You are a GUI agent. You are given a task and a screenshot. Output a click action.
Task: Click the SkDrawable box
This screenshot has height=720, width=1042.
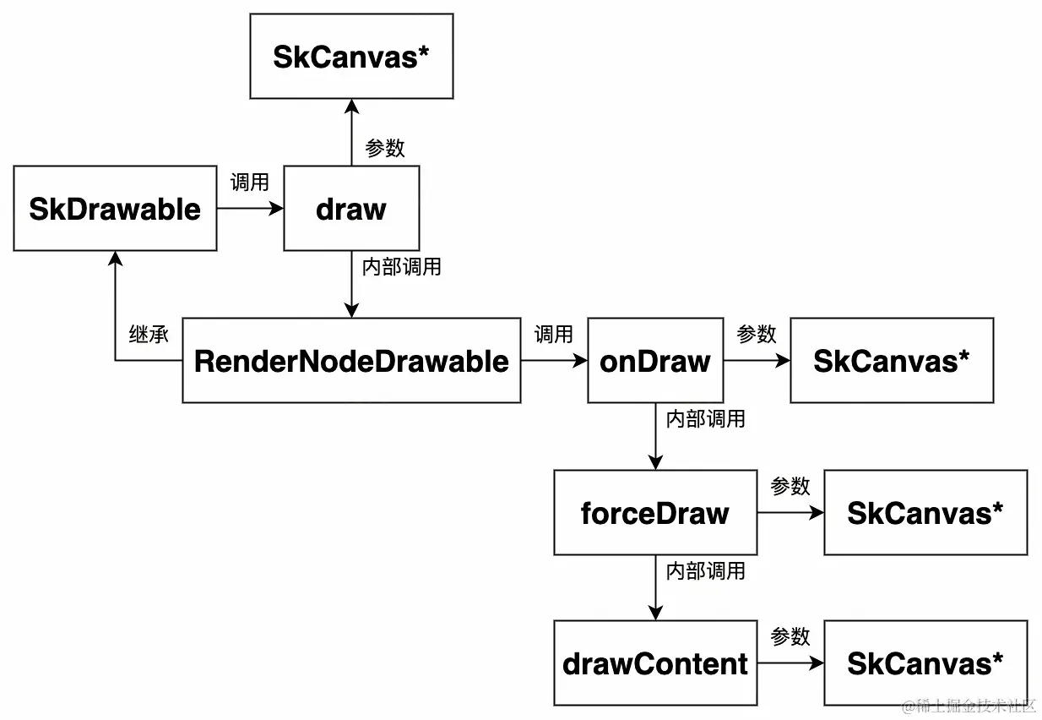click(115, 209)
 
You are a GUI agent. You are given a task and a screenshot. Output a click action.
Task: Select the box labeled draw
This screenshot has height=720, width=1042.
click(351, 209)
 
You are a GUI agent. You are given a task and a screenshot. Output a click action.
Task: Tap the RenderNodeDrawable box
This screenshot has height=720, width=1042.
click(351, 361)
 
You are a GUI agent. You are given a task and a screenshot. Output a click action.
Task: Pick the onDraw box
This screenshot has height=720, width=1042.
click(655, 361)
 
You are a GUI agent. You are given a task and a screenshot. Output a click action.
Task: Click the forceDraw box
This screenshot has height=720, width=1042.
click(655, 513)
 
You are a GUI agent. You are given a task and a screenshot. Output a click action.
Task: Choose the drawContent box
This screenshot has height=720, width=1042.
click(655, 663)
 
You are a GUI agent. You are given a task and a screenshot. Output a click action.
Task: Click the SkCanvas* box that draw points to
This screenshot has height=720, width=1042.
click(351, 57)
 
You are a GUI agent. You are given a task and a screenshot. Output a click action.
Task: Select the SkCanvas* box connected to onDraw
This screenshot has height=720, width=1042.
click(892, 361)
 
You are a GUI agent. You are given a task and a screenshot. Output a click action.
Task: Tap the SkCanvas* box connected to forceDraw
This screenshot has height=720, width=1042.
click(925, 513)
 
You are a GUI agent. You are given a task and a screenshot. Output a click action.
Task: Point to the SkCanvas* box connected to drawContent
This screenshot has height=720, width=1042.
click(925, 663)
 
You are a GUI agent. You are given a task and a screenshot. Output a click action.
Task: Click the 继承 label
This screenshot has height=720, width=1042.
click(149, 335)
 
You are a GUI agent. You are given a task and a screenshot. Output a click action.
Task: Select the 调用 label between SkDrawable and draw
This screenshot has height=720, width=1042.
click(250, 183)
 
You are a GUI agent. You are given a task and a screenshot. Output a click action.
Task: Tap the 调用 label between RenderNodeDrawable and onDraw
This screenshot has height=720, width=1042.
click(554, 335)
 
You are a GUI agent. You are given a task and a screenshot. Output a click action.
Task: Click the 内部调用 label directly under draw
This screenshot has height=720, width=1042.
click(401, 267)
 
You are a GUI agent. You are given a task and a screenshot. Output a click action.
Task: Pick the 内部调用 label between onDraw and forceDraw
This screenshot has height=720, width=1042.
click(705, 418)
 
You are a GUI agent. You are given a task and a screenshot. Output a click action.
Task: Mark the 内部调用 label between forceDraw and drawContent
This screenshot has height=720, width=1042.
click(705, 571)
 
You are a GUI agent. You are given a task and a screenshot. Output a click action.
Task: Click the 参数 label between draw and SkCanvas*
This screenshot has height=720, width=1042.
click(385, 148)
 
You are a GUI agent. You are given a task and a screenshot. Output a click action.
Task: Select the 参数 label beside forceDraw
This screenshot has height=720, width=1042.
click(790, 487)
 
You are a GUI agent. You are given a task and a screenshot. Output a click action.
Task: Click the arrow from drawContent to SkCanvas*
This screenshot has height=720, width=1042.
click(790, 663)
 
